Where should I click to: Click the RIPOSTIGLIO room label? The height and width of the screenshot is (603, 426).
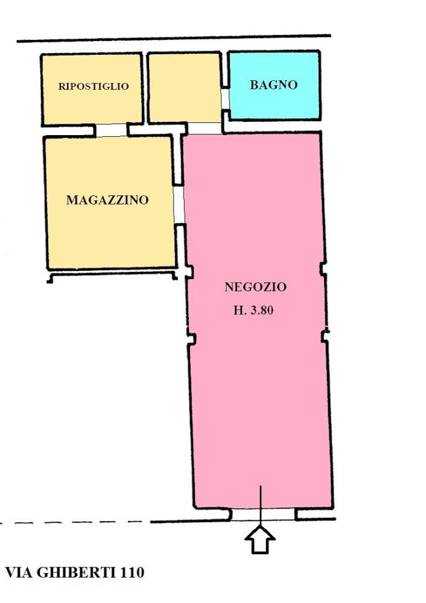(x=94, y=86)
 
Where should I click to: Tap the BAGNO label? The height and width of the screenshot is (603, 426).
(x=273, y=84)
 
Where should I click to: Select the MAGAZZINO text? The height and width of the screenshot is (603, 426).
(x=107, y=200)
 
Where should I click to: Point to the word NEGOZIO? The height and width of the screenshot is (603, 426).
(x=255, y=287)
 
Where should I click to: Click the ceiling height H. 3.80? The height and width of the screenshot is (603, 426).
(x=253, y=310)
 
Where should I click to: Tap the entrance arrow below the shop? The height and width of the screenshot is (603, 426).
(x=260, y=540)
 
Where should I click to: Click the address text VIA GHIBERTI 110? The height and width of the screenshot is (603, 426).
(x=75, y=573)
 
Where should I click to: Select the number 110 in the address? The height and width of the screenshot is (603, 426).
(x=132, y=573)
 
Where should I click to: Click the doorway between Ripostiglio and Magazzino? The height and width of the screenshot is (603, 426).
(x=111, y=130)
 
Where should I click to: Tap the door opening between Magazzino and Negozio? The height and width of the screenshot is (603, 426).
(x=179, y=205)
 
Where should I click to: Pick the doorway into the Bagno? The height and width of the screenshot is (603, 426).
(x=225, y=99)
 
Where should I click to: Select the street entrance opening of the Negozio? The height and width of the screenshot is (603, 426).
(x=263, y=514)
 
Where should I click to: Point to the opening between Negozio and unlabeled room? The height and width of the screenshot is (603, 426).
(x=205, y=128)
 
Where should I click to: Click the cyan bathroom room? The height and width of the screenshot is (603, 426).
(x=274, y=85)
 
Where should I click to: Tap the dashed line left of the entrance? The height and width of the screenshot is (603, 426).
(x=73, y=523)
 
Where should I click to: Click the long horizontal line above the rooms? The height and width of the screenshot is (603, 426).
(x=174, y=39)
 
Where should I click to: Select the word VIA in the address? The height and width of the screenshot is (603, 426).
(x=19, y=573)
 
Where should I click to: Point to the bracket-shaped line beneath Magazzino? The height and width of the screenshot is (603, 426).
(x=112, y=273)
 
